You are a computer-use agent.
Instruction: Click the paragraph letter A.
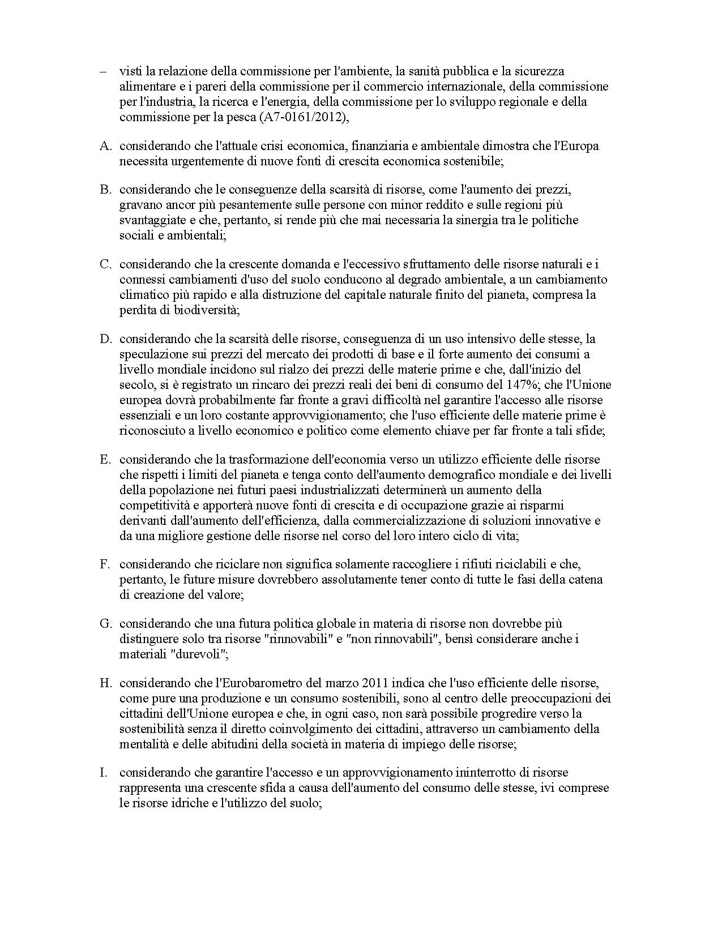click(x=105, y=146)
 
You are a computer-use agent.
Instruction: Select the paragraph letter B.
click(x=105, y=189)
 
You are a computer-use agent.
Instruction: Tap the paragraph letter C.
click(x=105, y=264)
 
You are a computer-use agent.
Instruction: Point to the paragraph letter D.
click(x=105, y=339)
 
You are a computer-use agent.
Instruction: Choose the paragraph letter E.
click(x=105, y=459)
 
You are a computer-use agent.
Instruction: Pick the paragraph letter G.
click(x=105, y=624)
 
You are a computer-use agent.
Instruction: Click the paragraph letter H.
click(x=105, y=683)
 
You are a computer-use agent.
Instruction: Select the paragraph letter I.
click(x=102, y=773)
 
